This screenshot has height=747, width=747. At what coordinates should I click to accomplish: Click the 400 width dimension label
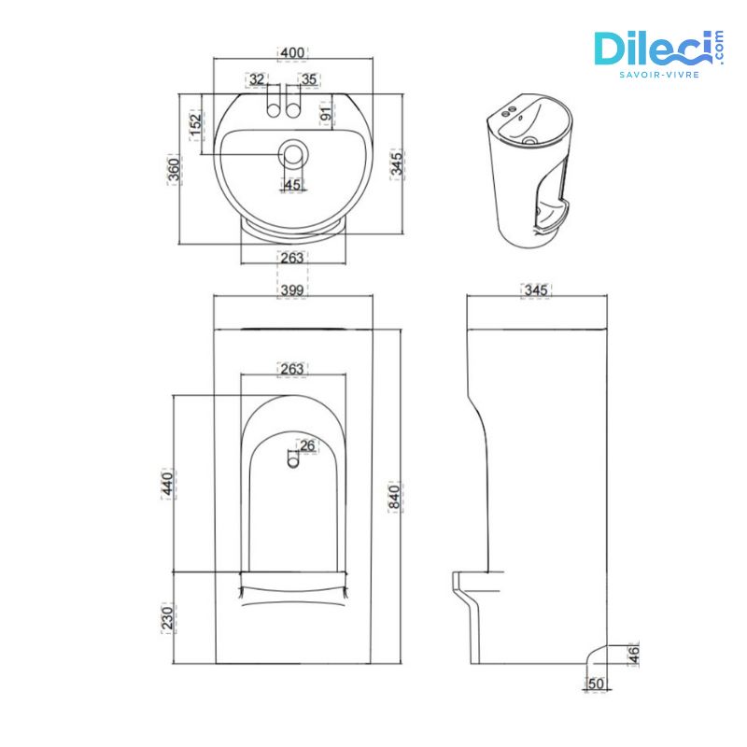click(x=293, y=53)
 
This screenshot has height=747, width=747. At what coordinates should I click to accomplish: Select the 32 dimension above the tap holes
click(x=257, y=80)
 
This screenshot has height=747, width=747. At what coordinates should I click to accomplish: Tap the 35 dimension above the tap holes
click(x=309, y=80)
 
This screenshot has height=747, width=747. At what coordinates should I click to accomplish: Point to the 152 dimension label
click(x=195, y=123)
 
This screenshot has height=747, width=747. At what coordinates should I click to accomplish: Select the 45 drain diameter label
click(x=292, y=185)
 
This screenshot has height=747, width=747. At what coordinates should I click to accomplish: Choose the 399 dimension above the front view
click(x=293, y=290)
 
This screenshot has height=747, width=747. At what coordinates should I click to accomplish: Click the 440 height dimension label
click(x=168, y=485)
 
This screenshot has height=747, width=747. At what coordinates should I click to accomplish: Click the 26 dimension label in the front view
click(x=307, y=444)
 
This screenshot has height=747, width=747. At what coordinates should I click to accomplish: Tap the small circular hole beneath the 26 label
click(x=292, y=458)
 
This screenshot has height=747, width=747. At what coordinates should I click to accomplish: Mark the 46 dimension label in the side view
click(x=634, y=654)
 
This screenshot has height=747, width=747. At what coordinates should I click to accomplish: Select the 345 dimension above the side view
click(x=536, y=290)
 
